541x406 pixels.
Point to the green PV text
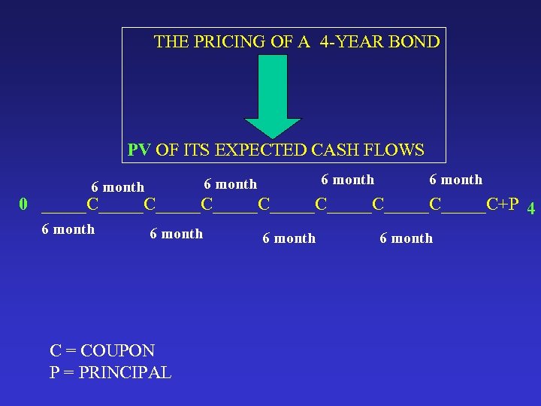click(x=138, y=150)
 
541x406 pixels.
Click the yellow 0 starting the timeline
click(x=24, y=205)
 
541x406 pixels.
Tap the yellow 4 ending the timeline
click(x=530, y=208)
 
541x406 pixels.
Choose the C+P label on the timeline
click(x=503, y=204)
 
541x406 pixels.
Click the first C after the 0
click(x=92, y=204)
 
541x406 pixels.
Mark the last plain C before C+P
click(x=435, y=204)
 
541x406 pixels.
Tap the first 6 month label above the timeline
click(x=117, y=187)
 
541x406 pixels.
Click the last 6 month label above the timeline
click(x=455, y=180)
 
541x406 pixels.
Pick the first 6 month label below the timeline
click(x=68, y=229)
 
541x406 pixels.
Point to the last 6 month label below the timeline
click(x=406, y=238)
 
